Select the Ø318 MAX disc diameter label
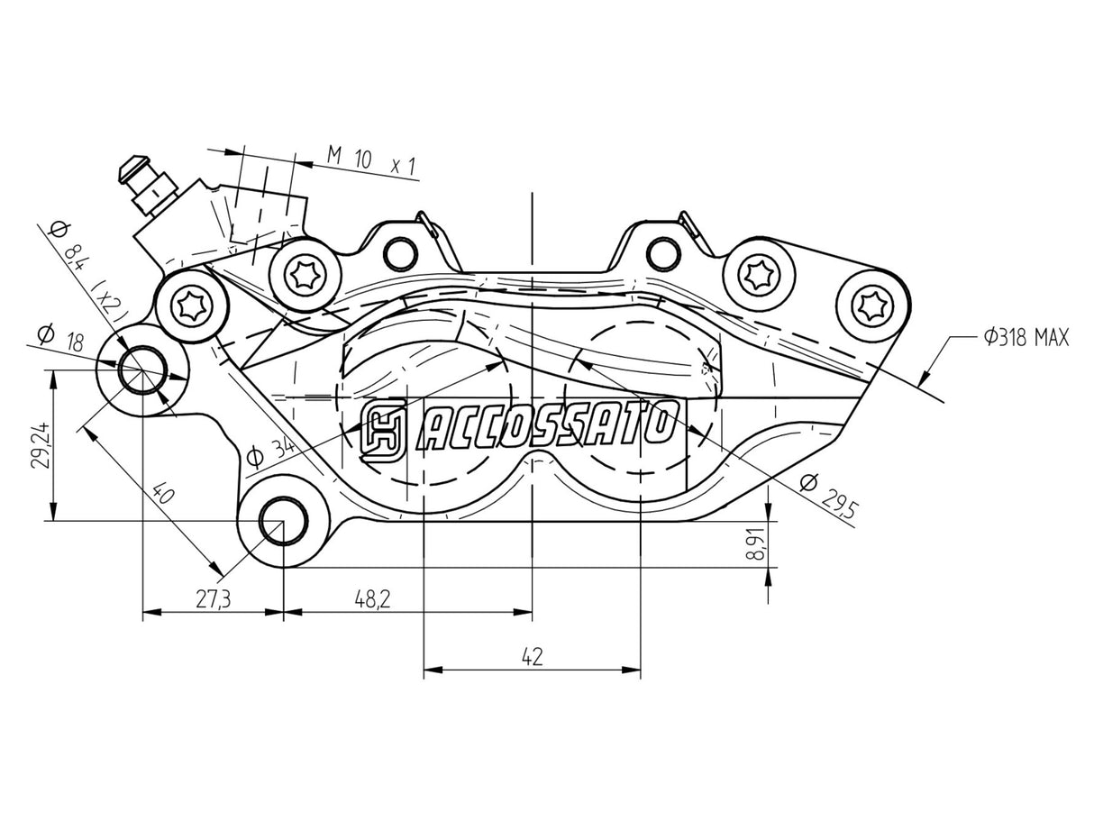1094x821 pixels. [1025, 339]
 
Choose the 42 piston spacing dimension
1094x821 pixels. [532, 657]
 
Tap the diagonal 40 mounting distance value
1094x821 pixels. [163, 494]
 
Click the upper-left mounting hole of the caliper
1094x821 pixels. [141, 370]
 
